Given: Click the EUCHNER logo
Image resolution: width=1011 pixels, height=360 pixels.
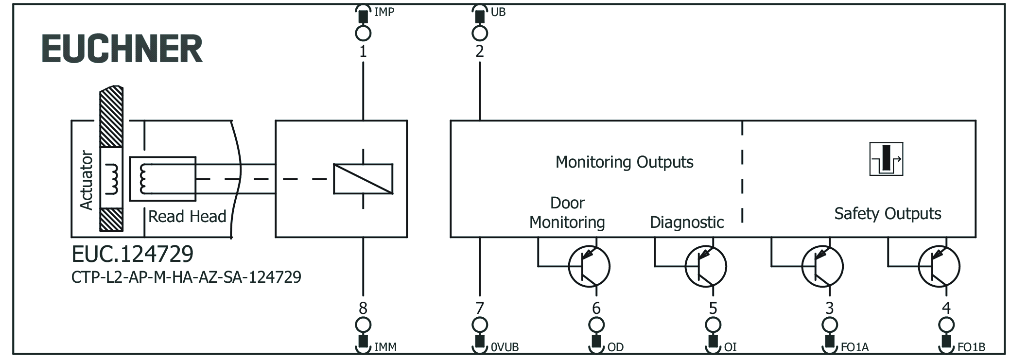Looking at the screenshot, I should (122, 49).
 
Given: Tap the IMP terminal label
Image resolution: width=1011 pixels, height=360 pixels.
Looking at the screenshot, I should (383, 12).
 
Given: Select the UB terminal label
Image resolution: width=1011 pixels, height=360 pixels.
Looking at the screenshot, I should (498, 12).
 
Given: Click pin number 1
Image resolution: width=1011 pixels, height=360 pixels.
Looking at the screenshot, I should (363, 51).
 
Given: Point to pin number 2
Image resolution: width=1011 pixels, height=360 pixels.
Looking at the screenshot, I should (479, 51).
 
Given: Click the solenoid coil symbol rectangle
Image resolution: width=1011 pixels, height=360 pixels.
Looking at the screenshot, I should (363, 179).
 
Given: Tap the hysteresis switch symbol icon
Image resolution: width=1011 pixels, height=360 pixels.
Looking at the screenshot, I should (886, 159).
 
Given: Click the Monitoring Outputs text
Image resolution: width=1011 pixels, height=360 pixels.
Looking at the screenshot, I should (624, 162).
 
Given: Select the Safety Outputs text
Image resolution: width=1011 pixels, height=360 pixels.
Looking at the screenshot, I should (888, 214).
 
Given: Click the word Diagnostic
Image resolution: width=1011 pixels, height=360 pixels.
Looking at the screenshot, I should (686, 223).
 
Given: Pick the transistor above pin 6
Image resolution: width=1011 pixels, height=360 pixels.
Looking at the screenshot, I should (589, 266).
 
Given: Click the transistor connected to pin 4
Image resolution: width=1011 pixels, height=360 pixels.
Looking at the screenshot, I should (939, 266).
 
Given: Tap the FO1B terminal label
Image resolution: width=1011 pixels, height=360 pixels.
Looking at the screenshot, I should (971, 347).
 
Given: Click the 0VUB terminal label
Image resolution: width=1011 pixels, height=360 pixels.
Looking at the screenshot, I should (505, 347).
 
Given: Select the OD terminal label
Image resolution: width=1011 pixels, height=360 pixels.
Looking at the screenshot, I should (615, 347).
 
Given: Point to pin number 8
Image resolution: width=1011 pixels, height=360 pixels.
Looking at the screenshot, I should (363, 308).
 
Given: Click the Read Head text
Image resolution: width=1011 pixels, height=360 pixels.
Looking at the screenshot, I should (187, 217).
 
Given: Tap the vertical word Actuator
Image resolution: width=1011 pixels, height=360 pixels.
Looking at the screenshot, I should (87, 180).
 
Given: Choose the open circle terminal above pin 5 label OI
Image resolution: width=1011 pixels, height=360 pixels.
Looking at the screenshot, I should (713, 325).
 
